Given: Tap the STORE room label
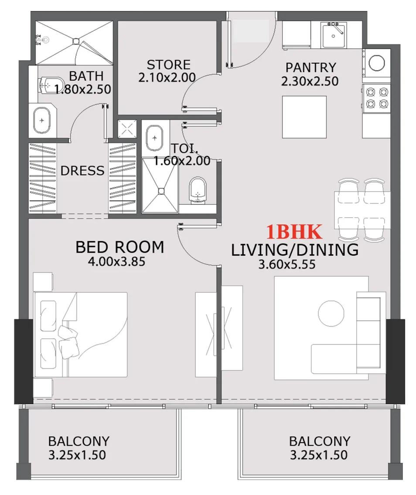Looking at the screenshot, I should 168,65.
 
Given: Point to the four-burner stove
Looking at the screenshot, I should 376,98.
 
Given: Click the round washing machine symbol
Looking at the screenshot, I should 376,62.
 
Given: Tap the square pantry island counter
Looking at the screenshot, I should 304,116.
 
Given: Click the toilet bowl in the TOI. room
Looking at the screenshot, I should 198,190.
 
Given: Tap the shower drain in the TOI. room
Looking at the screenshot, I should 161,191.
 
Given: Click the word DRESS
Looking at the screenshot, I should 82,171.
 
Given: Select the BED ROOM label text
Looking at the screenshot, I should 119,247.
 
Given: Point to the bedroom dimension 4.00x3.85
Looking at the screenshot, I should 116,262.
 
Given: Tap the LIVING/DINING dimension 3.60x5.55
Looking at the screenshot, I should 287,264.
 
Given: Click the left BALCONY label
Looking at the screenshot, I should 78,441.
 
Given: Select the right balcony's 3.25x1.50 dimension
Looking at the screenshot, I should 319,455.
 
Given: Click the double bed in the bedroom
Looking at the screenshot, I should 81,334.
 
